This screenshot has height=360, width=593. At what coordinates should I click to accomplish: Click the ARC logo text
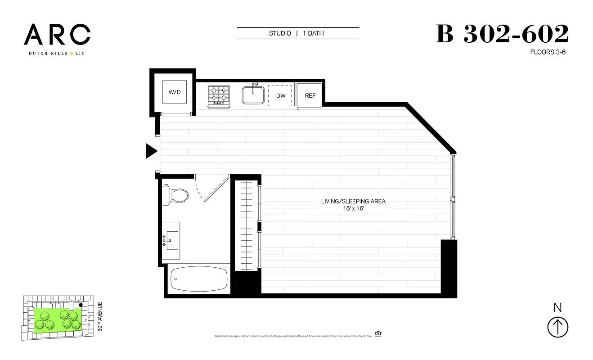click(57, 35)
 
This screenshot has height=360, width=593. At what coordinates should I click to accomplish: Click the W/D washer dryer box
click(174, 92)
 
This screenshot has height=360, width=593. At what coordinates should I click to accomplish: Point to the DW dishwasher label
click(281, 96)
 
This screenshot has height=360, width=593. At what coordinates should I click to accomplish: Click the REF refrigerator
click(310, 95)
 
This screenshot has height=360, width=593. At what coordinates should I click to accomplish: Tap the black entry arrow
click(152, 151)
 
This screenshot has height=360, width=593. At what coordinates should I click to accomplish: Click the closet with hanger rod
click(245, 225)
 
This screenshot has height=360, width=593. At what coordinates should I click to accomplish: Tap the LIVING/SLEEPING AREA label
click(353, 201)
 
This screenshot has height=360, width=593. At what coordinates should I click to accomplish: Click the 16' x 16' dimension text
click(353, 209)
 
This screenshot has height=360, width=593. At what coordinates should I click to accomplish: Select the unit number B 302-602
click(502, 34)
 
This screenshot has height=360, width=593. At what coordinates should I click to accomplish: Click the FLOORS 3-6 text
click(548, 52)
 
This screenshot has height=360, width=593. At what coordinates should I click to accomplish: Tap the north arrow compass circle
click(558, 327)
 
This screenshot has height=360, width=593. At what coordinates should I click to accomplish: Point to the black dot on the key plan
click(81, 305)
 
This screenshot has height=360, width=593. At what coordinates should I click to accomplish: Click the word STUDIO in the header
click(280, 33)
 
